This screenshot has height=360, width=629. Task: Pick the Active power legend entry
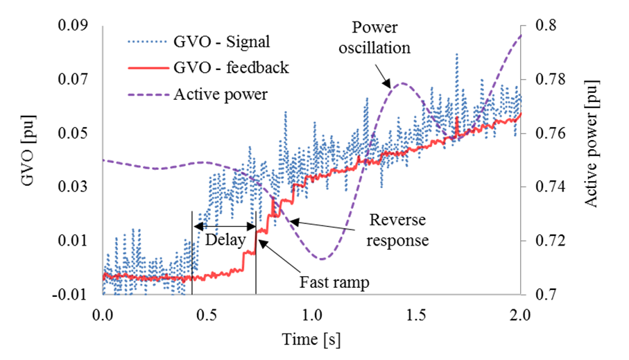(x=221, y=94)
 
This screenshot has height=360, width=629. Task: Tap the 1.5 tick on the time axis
(x=416, y=314)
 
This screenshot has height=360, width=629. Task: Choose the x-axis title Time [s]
(x=311, y=340)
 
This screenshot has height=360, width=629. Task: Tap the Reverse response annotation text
(x=397, y=230)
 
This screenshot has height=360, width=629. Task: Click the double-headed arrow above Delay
(x=225, y=226)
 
